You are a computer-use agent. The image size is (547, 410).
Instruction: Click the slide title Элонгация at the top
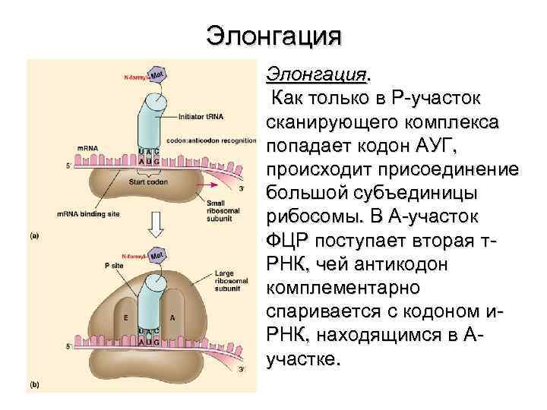[x=274, y=36]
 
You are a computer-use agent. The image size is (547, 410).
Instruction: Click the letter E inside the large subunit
[x=125, y=317]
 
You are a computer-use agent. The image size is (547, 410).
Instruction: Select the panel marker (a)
[x=34, y=235]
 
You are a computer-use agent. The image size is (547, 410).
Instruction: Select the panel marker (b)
[x=34, y=385]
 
